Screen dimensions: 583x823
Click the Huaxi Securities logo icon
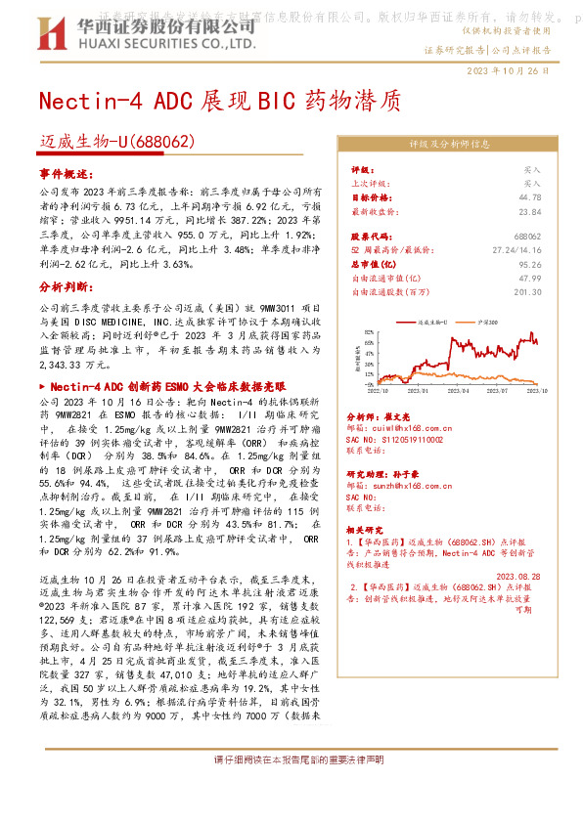tap(49, 35)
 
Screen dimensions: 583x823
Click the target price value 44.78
tap(531, 196)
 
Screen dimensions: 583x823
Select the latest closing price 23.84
tap(531, 210)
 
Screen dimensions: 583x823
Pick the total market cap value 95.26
tap(531, 264)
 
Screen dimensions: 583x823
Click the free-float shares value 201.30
tap(528, 291)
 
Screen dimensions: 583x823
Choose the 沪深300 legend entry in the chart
tap(490, 320)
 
